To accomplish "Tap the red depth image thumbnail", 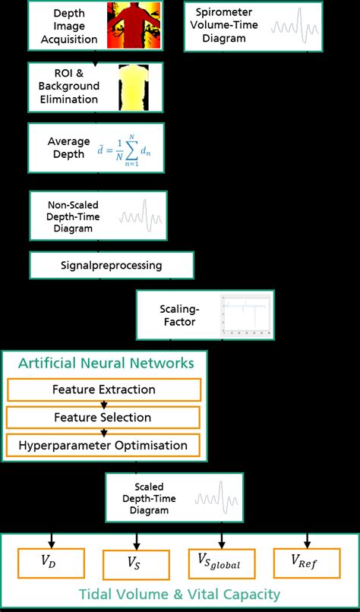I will [134, 26].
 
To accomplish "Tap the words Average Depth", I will [69, 149].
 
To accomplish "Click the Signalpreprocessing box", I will [112, 266].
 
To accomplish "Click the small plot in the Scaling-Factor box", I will [245, 315].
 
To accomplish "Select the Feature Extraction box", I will [104, 390].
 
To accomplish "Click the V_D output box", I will [51, 564].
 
